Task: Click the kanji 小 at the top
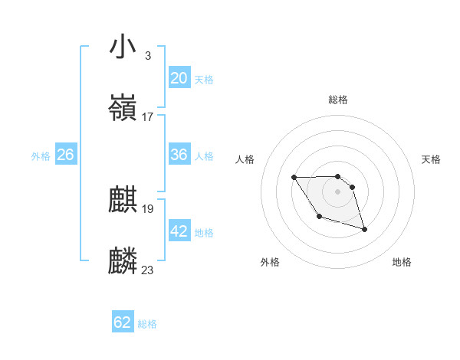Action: pyautogui.click(x=123, y=47)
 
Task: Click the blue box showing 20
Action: pyautogui.click(x=179, y=78)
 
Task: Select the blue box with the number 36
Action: pyautogui.click(x=179, y=155)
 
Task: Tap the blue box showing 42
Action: pyautogui.click(x=179, y=231)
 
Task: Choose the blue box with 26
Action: pyautogui.click(x=65, y=155)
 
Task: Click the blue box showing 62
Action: pyautogui.click(x=123, y=322)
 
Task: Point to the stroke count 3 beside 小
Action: pyautogui.click(x=147, y=56)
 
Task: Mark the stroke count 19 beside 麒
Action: pyautogui.click(x=148, y=209)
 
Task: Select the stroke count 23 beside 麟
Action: pyautogui.click(x=148, y=270)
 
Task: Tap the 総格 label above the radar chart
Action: pyautogui.click(x=338, y=100)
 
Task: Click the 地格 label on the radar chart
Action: pyautogui.click(x=402, y=263)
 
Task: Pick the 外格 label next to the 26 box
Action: pyautogui.click(x=41, y=156)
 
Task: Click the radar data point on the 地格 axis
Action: pyautogui.click(x=364, y=229)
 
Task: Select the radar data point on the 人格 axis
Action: pyautogui.click(x=294, y=178)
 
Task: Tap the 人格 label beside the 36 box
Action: pyautogui.click(x=204, y=156)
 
